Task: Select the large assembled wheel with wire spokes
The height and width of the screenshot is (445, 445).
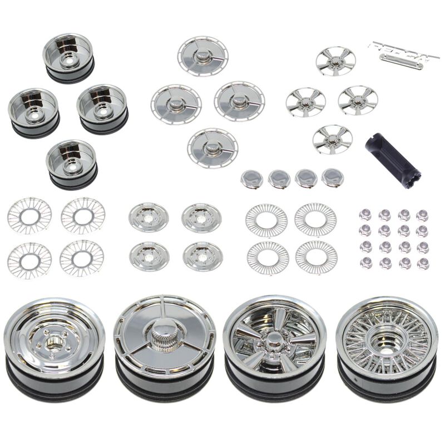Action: click(387, 348)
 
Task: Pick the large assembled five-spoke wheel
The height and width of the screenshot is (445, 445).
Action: click(274, 348)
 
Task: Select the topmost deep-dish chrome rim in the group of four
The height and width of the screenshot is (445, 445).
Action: click(69, 56)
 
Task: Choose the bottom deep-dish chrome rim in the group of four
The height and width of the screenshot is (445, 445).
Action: click(72, 162)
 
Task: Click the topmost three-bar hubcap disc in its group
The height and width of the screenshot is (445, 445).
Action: click(203, 56)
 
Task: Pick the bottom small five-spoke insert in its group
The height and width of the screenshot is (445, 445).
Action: click(332, 139)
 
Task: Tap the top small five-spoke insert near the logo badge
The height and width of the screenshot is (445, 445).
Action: click(335, 61)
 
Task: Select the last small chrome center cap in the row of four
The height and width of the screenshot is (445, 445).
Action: click(332, 177)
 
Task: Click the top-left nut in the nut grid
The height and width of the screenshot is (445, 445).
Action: click(365, 215)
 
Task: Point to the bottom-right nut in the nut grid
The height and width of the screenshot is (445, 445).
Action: click(423, 263)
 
